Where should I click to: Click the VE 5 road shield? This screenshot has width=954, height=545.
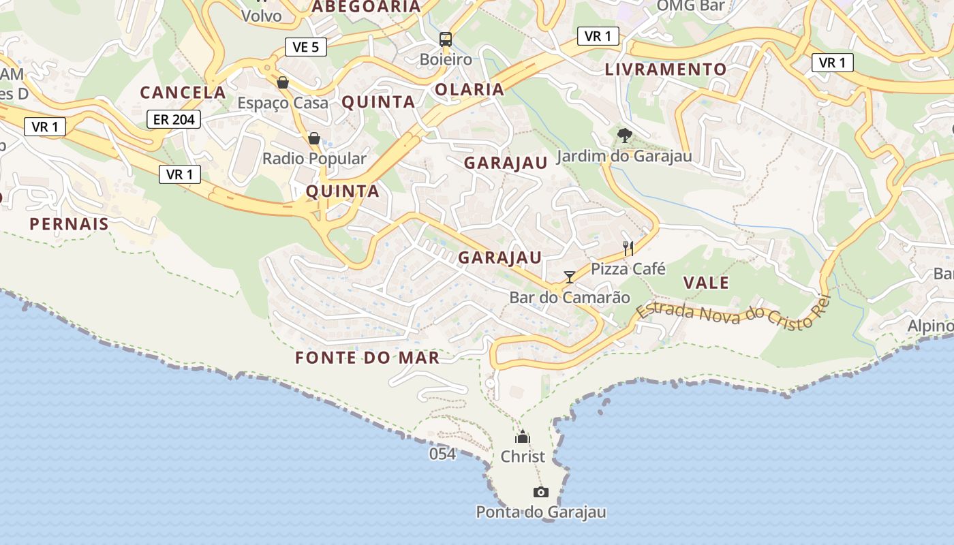306,47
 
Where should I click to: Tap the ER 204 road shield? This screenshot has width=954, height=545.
174,119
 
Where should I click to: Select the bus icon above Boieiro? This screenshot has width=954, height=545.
446,40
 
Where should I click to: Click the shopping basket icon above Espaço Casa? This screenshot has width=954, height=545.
283,82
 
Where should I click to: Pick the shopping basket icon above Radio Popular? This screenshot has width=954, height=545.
314,138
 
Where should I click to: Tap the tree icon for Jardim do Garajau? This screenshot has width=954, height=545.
624,135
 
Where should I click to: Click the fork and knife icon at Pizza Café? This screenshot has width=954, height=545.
628,249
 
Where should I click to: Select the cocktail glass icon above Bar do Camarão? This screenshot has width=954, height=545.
570,277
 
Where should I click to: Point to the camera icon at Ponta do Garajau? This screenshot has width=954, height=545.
540,492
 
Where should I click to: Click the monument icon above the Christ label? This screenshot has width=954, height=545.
523,437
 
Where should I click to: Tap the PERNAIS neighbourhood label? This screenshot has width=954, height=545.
69,223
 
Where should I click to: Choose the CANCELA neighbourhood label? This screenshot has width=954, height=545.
183,93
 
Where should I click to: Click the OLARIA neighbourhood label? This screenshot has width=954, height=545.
470,89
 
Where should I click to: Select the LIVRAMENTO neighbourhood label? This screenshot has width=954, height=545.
666,69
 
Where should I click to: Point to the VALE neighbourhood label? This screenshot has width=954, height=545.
706,283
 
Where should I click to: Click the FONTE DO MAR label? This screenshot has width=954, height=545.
367,357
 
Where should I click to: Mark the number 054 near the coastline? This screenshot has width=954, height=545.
442,454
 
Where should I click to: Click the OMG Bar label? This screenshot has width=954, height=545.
690,6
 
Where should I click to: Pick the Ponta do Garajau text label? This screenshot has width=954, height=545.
540,512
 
